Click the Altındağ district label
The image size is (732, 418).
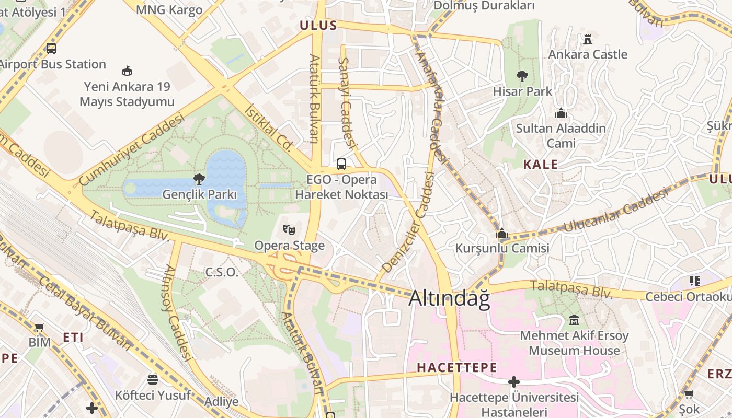coord(449,298)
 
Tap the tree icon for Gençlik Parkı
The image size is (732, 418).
coord(199,180)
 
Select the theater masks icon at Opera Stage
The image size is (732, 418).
coord(289,229)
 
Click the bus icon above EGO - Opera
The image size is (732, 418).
coord(341,164)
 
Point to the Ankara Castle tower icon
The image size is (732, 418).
coord(587,39)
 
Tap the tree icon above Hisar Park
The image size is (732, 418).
coord(522,76)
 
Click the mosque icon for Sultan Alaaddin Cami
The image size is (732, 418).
coord(561,113)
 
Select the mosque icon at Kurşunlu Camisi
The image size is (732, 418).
coord(502,233)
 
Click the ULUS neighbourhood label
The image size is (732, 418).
coord(318,26)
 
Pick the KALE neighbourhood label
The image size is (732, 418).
coord(541,165)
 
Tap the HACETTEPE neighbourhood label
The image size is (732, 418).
coord(456,368)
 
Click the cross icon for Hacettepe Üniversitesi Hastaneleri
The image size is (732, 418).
coord(514,382)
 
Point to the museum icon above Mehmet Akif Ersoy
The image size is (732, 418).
coord(574,320)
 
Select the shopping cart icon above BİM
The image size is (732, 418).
coord(39,327)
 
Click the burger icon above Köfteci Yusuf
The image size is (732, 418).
coord(153,379)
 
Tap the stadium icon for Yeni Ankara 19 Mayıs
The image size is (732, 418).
coord(127,71)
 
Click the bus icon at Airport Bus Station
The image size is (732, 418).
coord(51,49)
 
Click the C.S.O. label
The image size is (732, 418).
coord(221,272)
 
